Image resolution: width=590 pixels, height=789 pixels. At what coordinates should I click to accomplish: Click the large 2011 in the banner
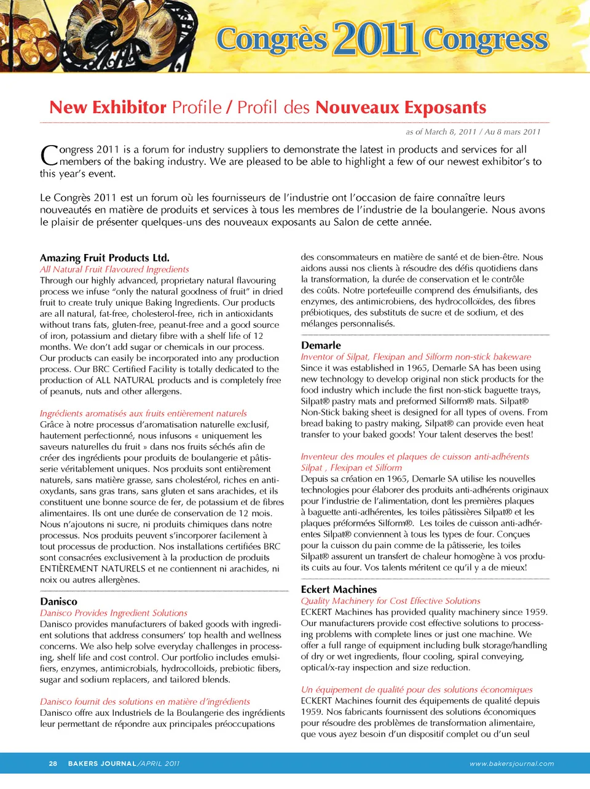click(376, 38)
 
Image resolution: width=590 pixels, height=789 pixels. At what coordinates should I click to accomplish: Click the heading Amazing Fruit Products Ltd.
click(104, 258)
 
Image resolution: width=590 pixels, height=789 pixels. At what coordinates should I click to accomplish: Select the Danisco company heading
click(59, 601)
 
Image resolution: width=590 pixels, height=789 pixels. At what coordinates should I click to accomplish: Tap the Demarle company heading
click(321, 345)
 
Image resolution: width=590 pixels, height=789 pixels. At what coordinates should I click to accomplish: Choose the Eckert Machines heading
click(339, 589)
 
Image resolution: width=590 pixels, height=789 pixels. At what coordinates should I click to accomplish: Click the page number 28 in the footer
click(53, 763)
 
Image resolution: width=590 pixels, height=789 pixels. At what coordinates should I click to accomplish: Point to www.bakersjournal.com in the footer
click(511, 764)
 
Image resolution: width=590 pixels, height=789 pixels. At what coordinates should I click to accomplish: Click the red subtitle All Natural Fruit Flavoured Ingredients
click(114, 269)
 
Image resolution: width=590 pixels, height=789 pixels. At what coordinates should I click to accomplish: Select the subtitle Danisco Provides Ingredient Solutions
click(114, 613)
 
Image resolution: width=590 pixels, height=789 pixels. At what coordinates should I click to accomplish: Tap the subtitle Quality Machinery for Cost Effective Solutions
click(390, 601)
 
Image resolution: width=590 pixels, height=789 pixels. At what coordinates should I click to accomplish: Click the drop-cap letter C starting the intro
click(49, 155)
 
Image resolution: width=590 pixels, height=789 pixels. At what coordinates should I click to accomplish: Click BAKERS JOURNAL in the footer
click(102, 763)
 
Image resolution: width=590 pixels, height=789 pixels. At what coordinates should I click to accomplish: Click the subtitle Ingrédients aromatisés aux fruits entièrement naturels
click(143, 413)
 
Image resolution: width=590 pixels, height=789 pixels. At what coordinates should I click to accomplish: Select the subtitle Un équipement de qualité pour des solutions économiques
click(417, 689)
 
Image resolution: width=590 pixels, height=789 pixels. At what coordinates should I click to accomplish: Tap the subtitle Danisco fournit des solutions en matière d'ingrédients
click(145, 702)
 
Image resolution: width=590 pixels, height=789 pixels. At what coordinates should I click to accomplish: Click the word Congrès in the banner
click(272, 39)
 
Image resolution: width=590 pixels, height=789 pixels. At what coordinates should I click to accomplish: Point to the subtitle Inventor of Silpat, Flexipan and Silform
click(415, 357)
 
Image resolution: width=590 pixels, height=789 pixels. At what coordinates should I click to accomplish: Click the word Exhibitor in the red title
click(129, 108)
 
